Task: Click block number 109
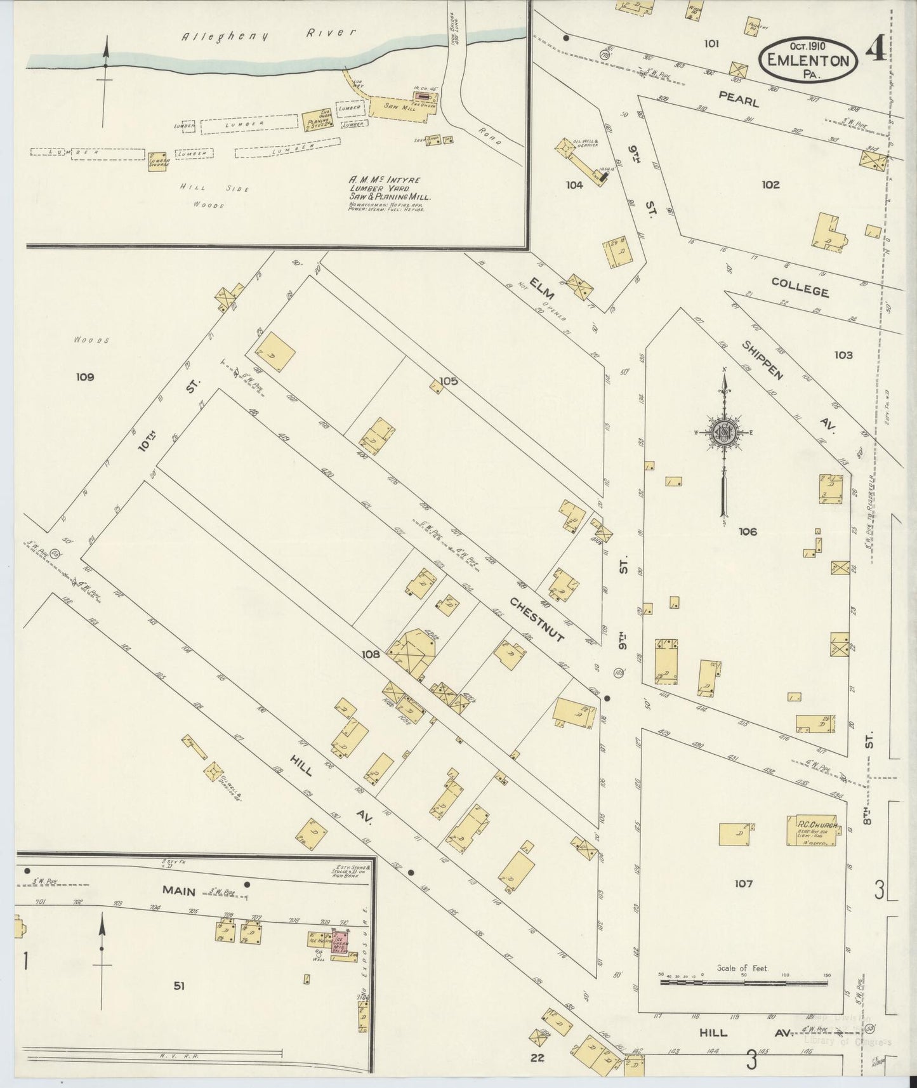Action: point(85,377)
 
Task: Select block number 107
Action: point(743,884)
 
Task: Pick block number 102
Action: point(770,185)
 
